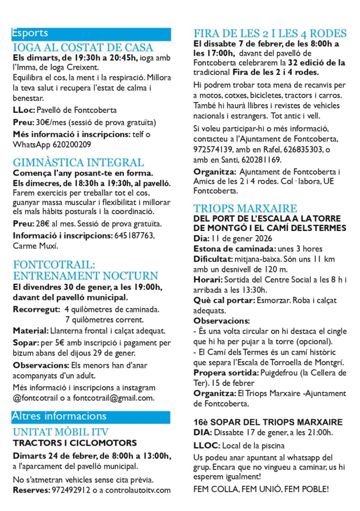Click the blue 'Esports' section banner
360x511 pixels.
coord(91,34)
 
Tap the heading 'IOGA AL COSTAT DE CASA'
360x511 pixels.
coord(83,48)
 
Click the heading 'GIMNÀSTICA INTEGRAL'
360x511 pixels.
coord(78,163)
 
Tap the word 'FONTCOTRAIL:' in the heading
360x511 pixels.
coord(54,264)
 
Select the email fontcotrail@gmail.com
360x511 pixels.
coord(120,398)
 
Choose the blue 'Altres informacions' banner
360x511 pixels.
coord(91,416)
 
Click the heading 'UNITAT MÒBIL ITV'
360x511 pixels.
coord(61,432)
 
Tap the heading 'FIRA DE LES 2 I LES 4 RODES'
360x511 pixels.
coord(270,33)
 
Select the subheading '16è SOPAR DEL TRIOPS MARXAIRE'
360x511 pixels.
coord(268,422)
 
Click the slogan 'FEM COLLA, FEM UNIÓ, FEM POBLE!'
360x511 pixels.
coord(261,490)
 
